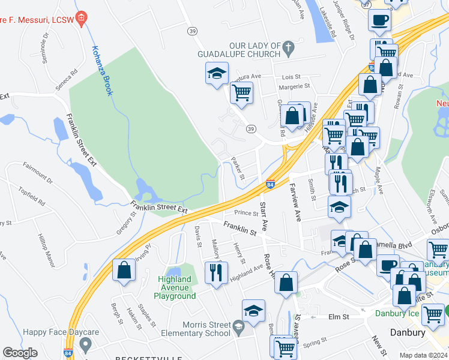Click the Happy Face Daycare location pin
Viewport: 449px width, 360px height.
(x=85, y=344)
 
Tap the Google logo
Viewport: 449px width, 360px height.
(x=20, y=353)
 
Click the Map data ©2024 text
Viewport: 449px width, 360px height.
(x=423, y=355)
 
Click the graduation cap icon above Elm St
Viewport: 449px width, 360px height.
(x=253, y=311)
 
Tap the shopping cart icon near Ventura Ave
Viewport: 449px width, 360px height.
(x=241, y=93)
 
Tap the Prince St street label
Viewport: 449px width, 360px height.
(x=246, y=212)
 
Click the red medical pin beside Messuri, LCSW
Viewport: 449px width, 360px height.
(x=83, y=19)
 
